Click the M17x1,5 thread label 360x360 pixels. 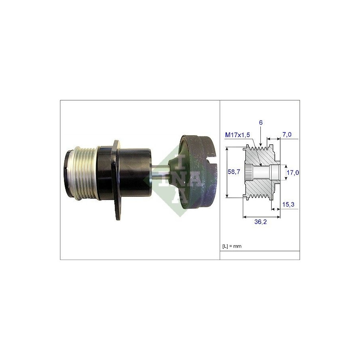click(x=237, y=135)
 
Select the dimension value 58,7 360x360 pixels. click(x=234, y=172)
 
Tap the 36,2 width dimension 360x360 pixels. click(x=260, y=222)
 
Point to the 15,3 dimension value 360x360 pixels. click(x=288, y=204)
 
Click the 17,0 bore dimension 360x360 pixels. click(x=293, y=172)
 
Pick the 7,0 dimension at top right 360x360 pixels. click(x=287, y=134)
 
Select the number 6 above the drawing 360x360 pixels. click(x=261, y=123)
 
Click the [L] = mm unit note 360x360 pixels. click(x=232, y=246)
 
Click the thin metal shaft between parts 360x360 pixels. click(x=160, y=173)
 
